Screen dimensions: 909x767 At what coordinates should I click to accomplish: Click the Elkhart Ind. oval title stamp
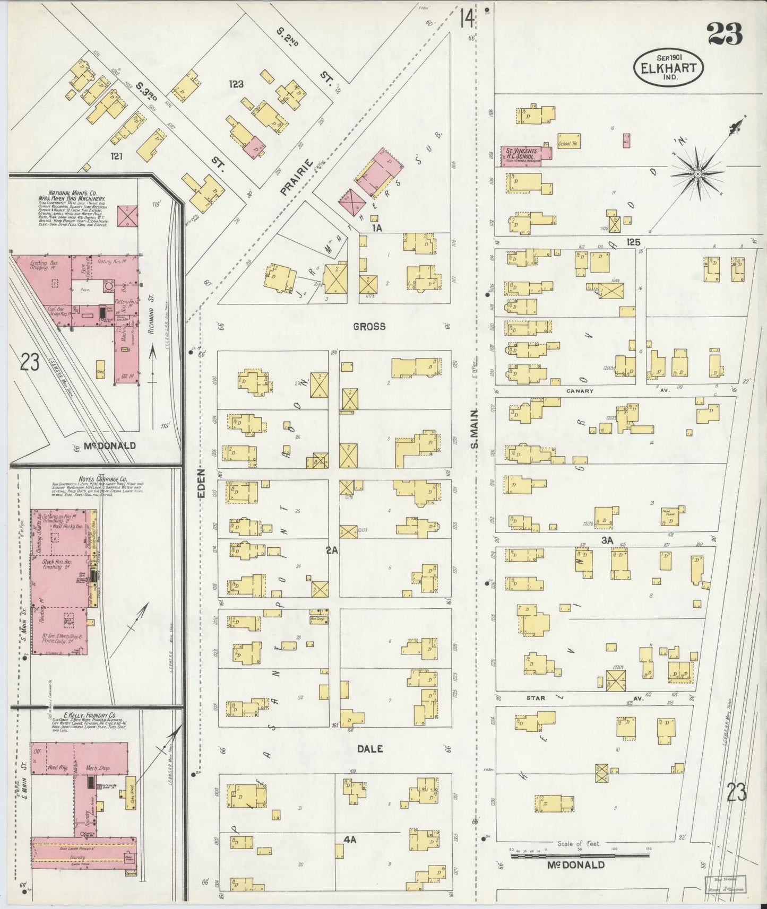click(x=669, y=66)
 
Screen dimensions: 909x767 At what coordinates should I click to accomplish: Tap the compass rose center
click(x=697, y=173)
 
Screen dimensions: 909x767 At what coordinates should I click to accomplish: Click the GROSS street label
click(x=369, y=326)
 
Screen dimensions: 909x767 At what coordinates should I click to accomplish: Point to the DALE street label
click(x=370, y=749)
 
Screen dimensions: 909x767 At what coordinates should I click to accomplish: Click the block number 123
click(x=236, y=84)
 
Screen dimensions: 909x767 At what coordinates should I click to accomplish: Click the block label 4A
click(x=349, y=839)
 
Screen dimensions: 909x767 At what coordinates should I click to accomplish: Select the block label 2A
click(x=332, y=550)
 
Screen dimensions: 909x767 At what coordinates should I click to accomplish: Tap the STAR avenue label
click(x=536, y=698)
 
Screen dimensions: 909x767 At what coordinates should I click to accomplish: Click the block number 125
click(x=633, y=242)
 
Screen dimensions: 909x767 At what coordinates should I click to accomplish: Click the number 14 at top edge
click(x=467, y=19)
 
